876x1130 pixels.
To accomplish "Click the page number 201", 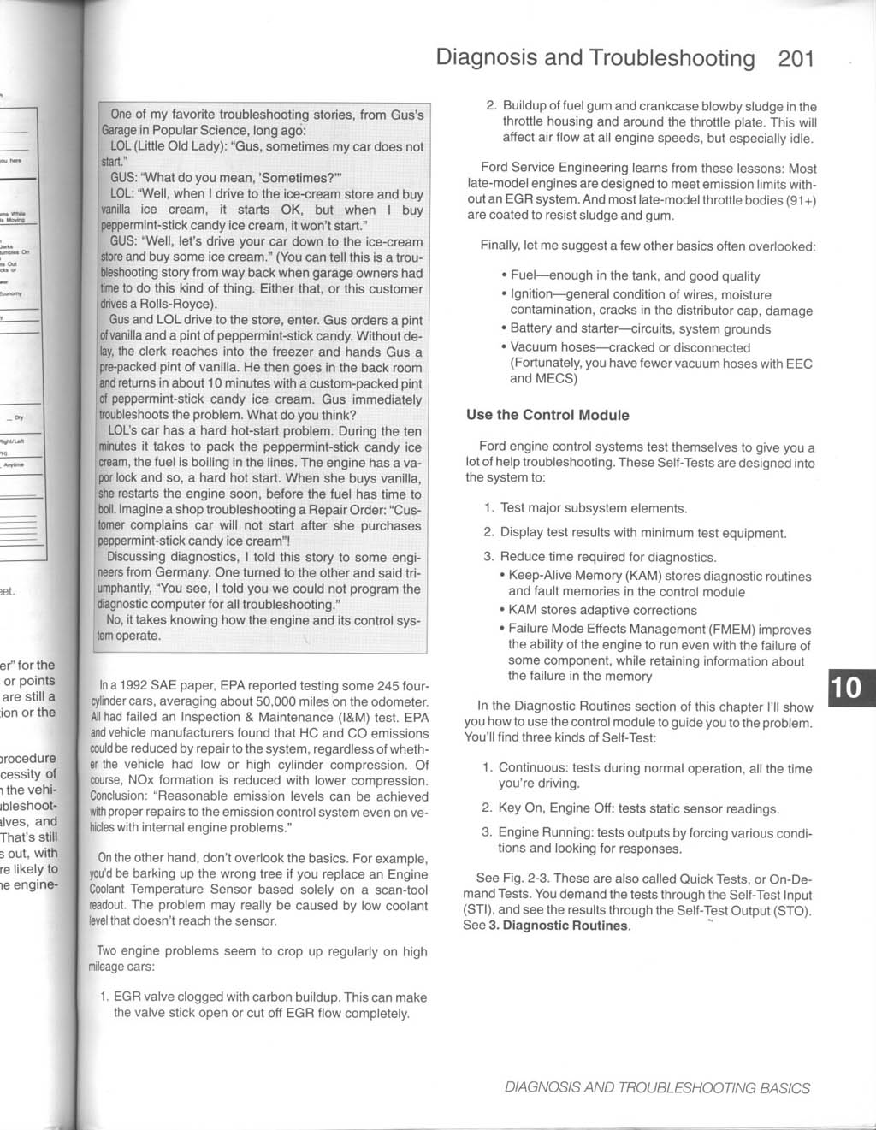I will click(x=796, y=58).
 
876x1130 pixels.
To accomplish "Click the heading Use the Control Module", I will click(x=547, y=415).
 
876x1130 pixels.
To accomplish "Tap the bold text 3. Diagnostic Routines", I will click(x=558, y=926).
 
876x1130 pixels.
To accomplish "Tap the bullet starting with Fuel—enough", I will click(x=635, y=275).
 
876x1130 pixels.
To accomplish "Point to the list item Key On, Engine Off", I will click(x=638, y=808).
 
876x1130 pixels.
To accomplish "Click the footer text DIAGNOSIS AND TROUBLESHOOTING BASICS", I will click(x=657, y=1088).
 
